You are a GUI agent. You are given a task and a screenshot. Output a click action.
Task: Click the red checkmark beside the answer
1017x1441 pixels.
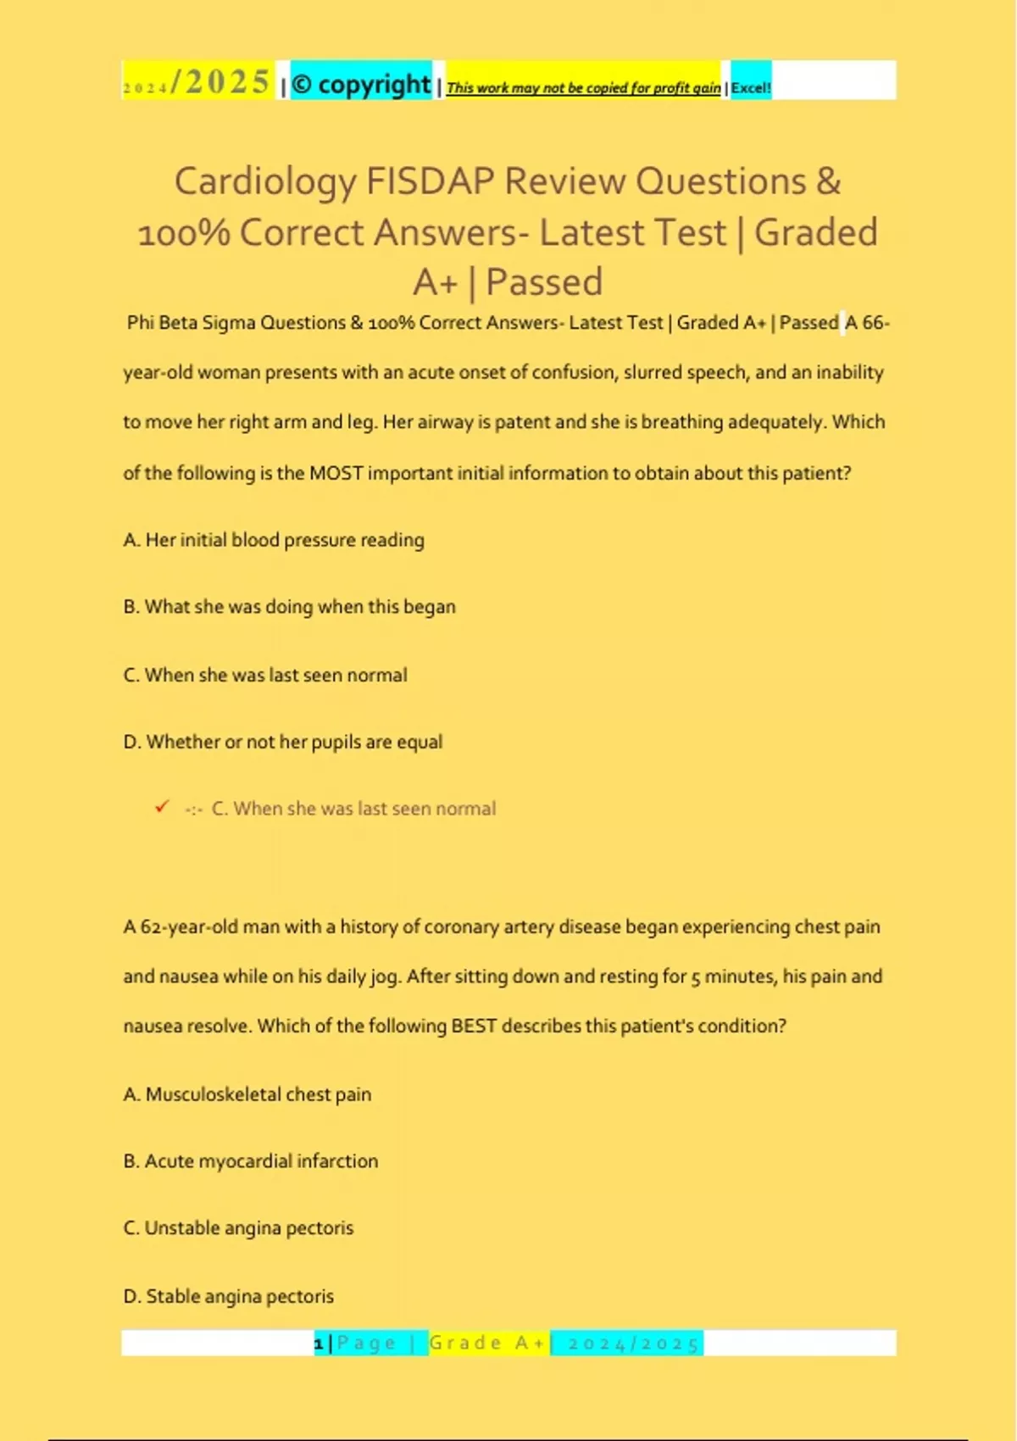(x=162, y=807)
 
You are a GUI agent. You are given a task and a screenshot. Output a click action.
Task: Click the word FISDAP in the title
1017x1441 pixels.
(x=430, y=181)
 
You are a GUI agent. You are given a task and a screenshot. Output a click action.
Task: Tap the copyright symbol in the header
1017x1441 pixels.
(x=302, y=84)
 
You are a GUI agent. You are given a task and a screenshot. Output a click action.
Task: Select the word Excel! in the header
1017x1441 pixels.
(x=751, y=87)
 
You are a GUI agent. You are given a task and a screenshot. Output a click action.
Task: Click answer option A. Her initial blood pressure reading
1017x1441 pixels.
(x=274, y=540)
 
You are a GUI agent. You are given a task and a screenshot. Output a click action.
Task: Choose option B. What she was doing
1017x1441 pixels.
(x=289, y=607)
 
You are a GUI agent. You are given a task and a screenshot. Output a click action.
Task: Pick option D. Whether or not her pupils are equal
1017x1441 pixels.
(x=282, y=742)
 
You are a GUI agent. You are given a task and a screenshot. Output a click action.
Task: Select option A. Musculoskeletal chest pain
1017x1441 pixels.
(x=247, y=1094)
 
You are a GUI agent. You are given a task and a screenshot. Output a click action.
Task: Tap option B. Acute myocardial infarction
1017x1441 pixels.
(x=250, y=1161)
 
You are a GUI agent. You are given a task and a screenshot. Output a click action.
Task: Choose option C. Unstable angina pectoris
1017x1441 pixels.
(x=238, y=1228)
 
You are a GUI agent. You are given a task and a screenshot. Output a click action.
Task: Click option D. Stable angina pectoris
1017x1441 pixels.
(x=228, y=1296)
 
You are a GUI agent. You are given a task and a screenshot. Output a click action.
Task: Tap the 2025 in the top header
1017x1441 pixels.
(x=227, y=82)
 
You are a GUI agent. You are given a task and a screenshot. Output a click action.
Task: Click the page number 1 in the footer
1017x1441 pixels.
(x=319, y=1344)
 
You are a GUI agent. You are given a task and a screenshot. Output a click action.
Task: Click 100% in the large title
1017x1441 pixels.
(x=184, y=233)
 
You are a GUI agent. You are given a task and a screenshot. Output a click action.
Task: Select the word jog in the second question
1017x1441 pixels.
(x=384, y=976)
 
